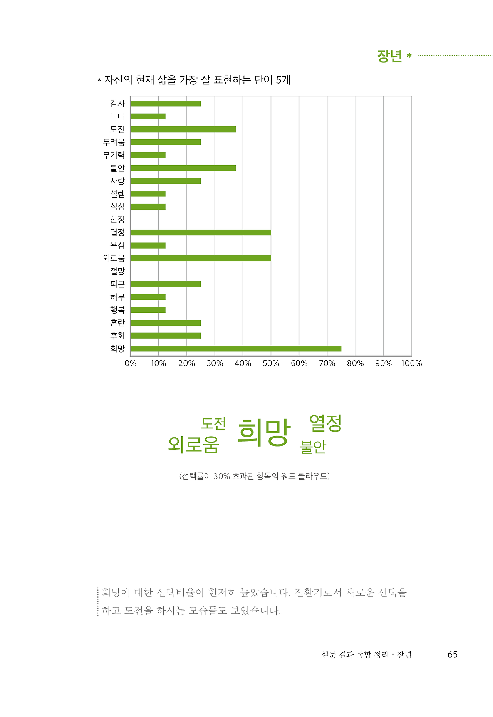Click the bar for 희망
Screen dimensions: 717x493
tap(236, 349)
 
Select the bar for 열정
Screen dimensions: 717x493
tap(201, 232)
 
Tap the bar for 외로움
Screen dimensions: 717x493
tap(201, 258)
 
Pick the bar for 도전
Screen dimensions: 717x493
tap(183, 129)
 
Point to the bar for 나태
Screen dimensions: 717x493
tap(148, 116)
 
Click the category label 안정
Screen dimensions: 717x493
tap(117, 220)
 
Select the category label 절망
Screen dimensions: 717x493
tap(117, 271)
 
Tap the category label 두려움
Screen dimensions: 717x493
tap(114, 142)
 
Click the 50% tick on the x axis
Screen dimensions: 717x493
tap(271, 363)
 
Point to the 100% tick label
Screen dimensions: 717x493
tap(411, 363)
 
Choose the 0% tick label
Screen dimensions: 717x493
tap(131, 363)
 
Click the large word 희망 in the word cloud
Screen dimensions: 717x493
tap(264, 433)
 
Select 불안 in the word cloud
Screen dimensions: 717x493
tap(313, 447)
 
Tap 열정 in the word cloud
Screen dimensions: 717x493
tap(325, 423)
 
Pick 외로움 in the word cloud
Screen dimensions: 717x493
tap(194, 444)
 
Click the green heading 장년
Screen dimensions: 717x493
tap(389, 56)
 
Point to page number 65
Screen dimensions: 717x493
tap(452, 654)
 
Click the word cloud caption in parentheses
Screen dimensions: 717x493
tap(254, 476)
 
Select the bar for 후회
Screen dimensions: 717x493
tap(166, 336)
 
